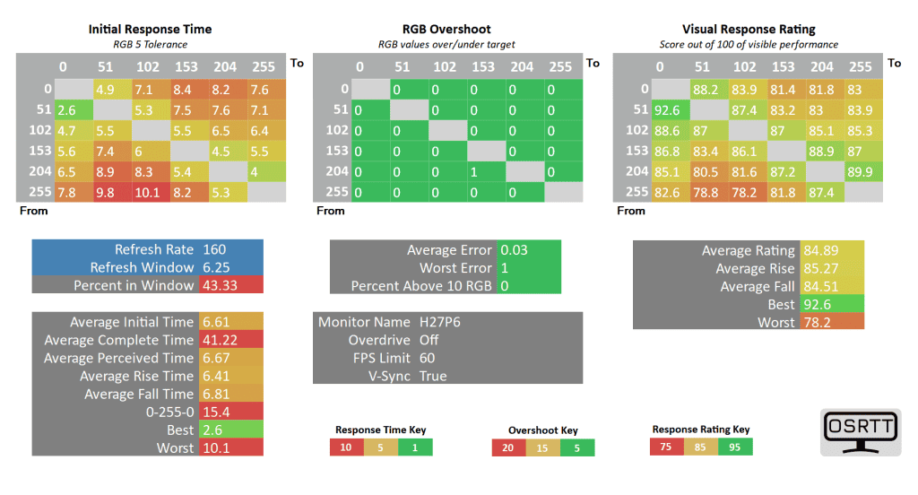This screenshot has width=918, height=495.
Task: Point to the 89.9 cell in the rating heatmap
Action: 862,170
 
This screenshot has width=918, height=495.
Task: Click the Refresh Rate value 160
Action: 215,250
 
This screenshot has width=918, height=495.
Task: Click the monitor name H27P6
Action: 440,322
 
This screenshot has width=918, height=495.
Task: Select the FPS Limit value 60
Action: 428,358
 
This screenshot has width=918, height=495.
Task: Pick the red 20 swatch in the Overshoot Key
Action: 508,447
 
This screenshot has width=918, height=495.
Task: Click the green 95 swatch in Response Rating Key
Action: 735,446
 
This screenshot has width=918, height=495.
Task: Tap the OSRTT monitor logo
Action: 859,431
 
